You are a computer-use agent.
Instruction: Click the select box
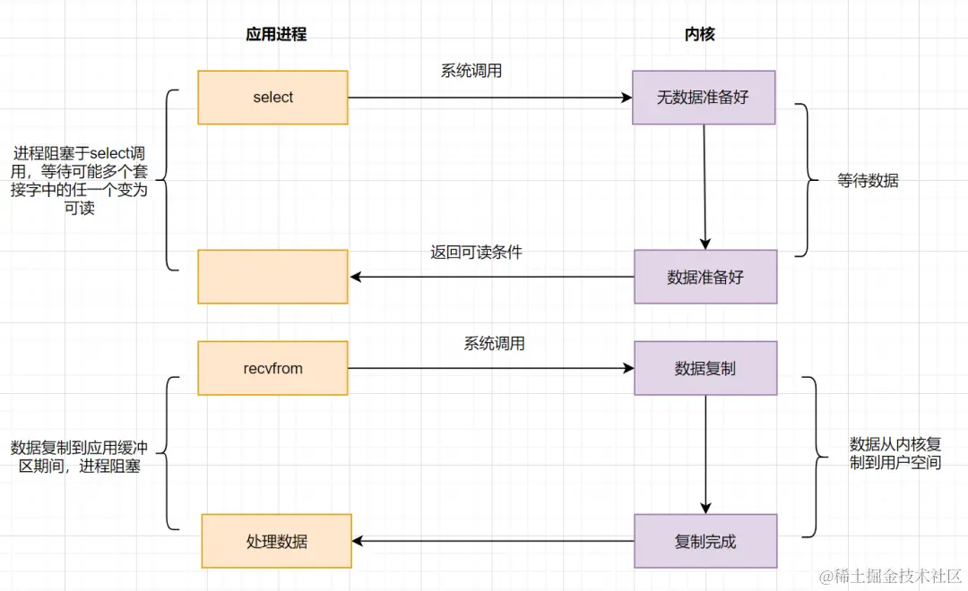[272, 98]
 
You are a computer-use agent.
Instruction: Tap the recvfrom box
[272, 368]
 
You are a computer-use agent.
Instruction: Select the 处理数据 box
[276, 541]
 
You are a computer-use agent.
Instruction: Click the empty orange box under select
[272, 277]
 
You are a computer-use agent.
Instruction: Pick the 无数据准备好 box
[704, 98]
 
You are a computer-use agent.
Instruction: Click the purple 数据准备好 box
[705, 277]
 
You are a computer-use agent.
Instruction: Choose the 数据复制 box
[705, 368]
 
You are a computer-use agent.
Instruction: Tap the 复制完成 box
[705, 541]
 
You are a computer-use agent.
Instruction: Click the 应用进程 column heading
[276, 34]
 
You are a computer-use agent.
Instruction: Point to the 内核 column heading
[700, 34]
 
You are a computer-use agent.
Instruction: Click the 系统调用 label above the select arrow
[471, 72]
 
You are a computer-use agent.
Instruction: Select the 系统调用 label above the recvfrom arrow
[494, 343]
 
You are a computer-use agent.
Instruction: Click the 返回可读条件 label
[476, 252]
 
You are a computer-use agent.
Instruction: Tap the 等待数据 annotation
[868, 180]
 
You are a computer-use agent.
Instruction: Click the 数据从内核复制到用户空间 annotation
[895, 453]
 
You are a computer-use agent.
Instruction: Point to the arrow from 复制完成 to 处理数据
[493, 541]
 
